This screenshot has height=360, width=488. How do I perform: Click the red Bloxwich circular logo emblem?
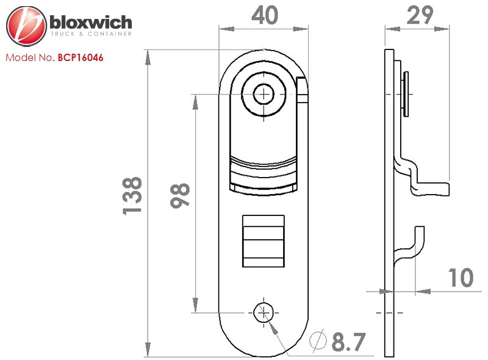pyautogui.click(x=26, y=26)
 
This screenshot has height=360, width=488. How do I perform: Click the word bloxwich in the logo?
pyautogui.click(x=90, y=23)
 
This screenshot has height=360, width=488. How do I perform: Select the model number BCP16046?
pyautogui.click(x=81, y=57)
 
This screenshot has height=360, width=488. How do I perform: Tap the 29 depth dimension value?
pyautogui.click(x=420, y=15)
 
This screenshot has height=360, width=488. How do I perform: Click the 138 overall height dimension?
pyautogui.click(x=132, y=196)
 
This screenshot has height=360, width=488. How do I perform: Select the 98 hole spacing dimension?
pyautogui.click(x=180, y=195)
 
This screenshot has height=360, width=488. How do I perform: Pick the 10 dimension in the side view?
pyautogui.click(x=461, y=278)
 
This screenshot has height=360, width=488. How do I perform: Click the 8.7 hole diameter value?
pyautogui.click(x=348, y=342)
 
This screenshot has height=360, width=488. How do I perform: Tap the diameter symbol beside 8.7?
pyautogui.click(x=318, y=340)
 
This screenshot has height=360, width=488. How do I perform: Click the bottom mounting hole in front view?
pyautogui.click(x=264, y=312)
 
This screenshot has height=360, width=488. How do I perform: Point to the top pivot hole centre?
pyautogui.click(x=264, y=94)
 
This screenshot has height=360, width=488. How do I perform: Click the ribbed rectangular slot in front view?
pyautogui.click(x=264, y=241)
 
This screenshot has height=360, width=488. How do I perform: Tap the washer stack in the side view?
pyautogui.click(x=405, y=94)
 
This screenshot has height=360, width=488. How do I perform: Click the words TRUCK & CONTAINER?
pyautogui.click(x=91, y=34)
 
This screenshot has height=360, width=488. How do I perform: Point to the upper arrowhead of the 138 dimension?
pyautogui.click(x=148, y=57)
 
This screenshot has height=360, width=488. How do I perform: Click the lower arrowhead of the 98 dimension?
pyautogui.click(x=195, y=305)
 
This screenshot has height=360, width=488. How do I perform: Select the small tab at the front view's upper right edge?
pyautogui.click(x=302, y=90)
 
